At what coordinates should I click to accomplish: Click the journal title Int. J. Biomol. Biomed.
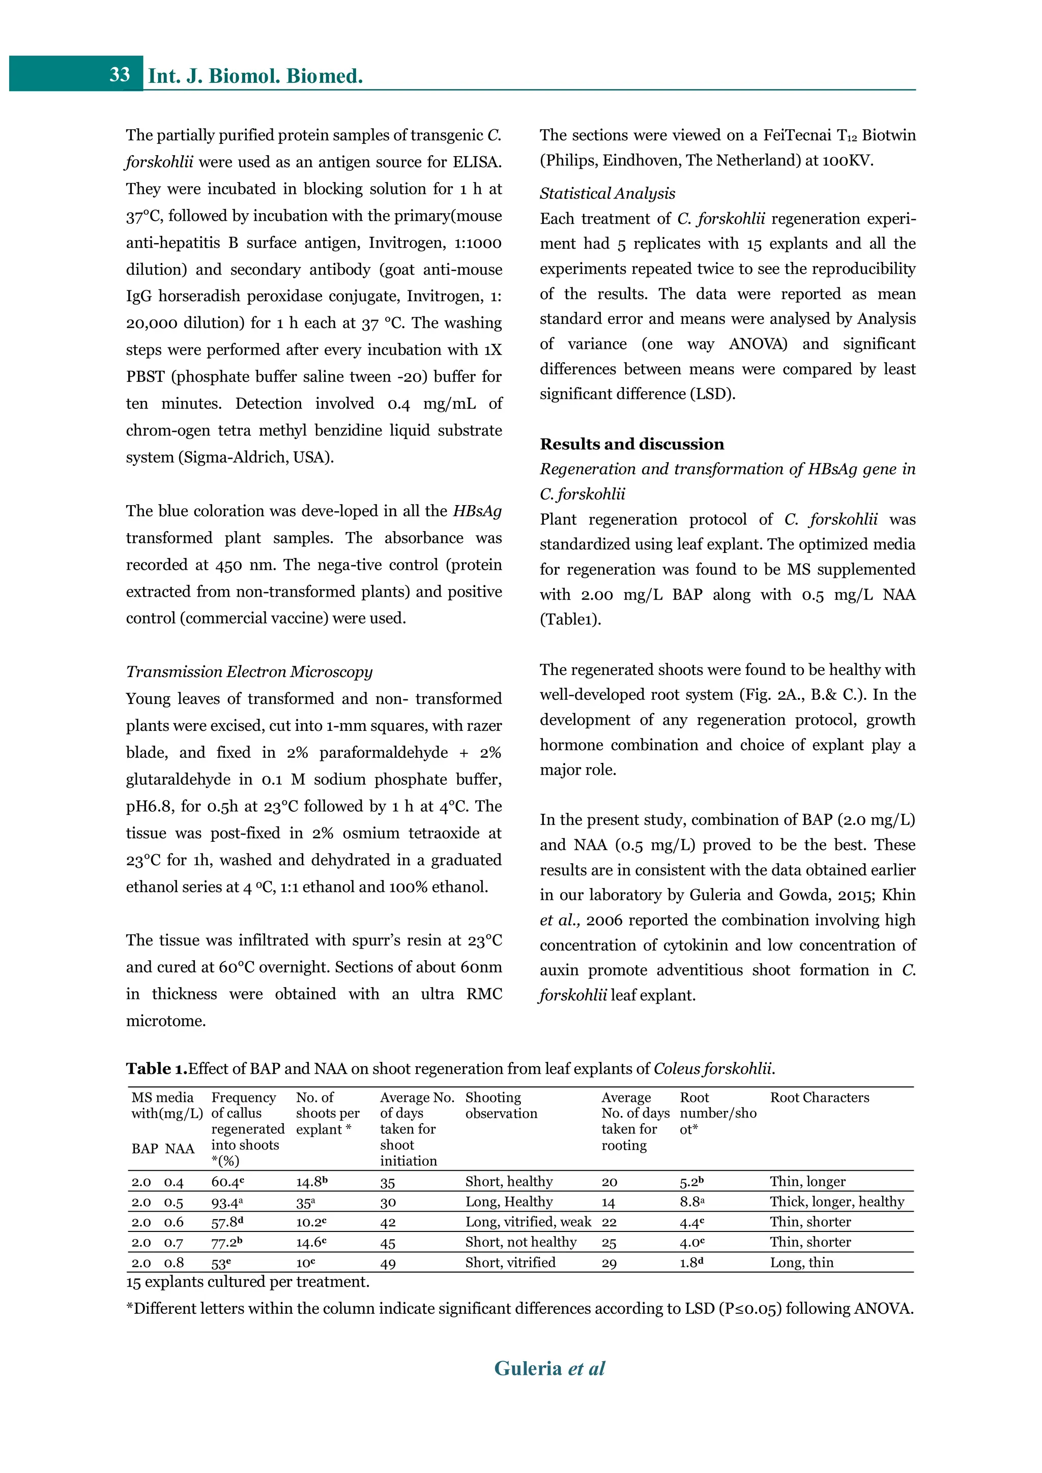255,76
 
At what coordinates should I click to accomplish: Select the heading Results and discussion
631,444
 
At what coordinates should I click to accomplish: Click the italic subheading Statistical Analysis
607,193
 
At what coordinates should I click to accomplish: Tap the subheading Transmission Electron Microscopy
249,672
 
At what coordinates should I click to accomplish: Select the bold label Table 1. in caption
156,1068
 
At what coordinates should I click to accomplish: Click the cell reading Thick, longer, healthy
836,1201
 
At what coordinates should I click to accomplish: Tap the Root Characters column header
819,1098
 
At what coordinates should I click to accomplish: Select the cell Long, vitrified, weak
528,1222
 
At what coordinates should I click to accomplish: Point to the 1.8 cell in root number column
691,1262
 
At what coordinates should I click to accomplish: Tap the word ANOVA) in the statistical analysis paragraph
758,344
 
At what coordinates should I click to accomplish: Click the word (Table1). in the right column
570,620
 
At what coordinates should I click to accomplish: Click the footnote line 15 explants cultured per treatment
248,1282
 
